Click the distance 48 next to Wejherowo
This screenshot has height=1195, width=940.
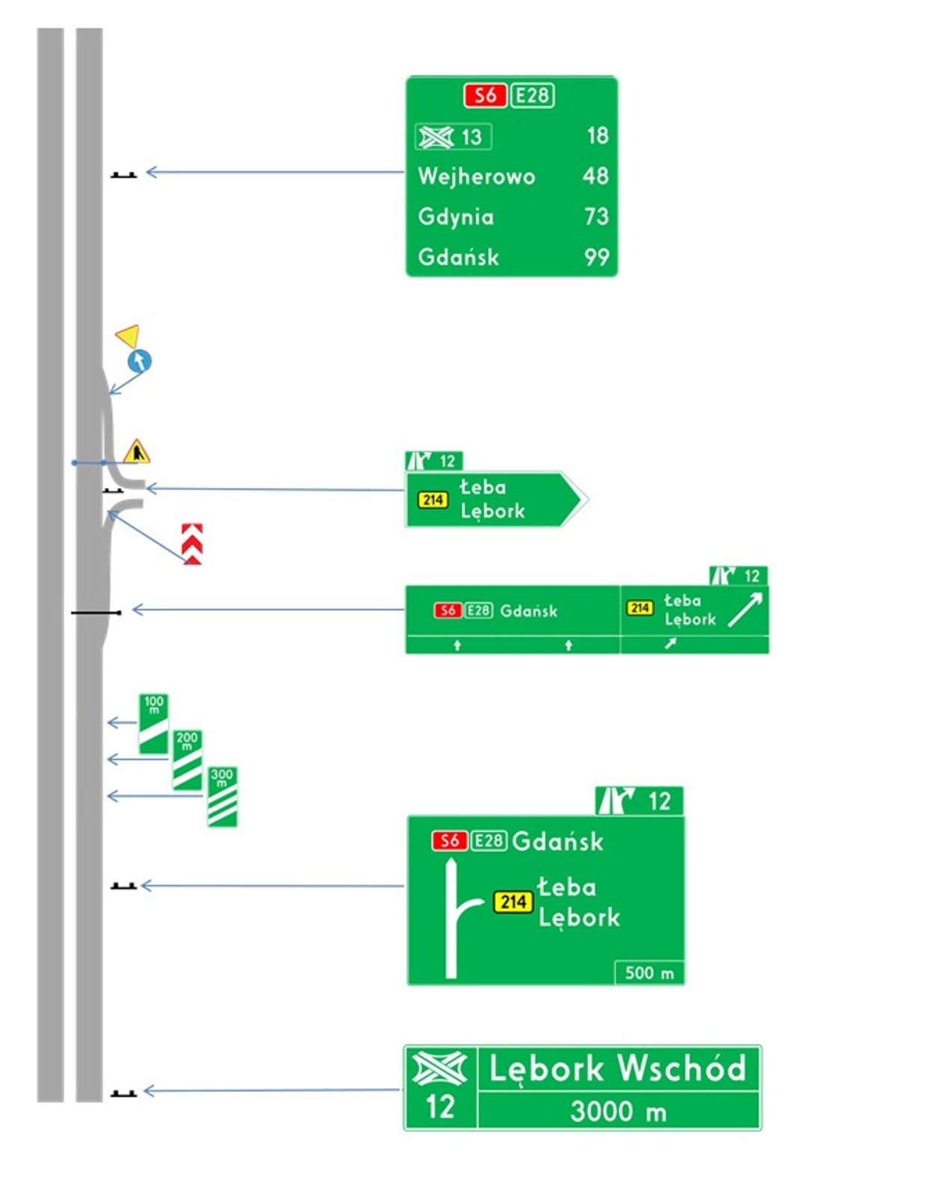click(596, 176)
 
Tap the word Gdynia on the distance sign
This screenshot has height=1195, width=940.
click(456, 217)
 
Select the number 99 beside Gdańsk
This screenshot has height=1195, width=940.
click(596, 258)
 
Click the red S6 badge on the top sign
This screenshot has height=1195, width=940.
click(485, 96)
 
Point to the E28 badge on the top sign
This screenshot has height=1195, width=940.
click(532, 96)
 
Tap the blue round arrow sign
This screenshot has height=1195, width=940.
click(140, 361)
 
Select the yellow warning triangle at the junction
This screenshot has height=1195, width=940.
click(136, 452)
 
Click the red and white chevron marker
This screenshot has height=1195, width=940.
click(192, 544)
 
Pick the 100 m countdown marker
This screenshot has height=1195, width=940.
click(154, 724)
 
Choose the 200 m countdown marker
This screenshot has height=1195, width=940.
click(187, 760)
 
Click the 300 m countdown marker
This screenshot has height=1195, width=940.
click(222, 796)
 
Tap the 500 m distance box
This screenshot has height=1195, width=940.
click(649, 972)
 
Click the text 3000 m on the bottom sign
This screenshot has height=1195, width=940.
click(618, 1111)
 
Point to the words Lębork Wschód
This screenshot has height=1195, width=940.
click(617, 1069)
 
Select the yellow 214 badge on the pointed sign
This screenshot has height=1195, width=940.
click(433, 500)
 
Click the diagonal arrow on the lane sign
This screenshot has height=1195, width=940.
click(745, 609)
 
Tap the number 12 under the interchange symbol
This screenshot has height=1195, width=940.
click(440, 1106)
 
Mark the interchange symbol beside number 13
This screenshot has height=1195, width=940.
click(436, 137)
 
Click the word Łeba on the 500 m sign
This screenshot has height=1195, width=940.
click(566, 887)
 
